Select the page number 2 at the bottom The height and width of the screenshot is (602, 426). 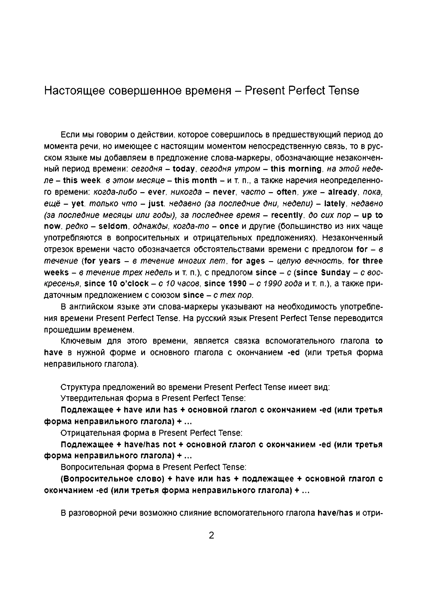(211, 535)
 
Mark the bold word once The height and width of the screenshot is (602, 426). (229, 226)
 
